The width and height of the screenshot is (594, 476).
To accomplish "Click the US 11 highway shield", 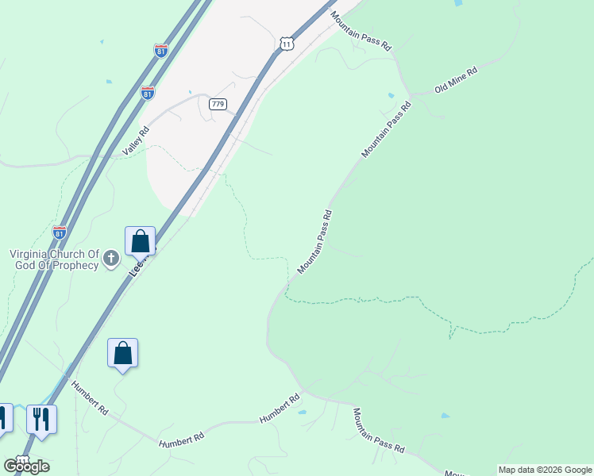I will [x=287, y=44].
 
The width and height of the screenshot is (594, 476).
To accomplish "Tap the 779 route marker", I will [x=218, y=104].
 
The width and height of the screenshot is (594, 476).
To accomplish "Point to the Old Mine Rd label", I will [x=456, y=81].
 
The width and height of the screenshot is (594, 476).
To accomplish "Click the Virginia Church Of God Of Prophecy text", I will [x=54, y=259].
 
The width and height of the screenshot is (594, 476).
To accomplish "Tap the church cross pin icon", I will [x=111, y=257].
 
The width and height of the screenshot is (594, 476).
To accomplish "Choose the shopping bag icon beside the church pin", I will [x=140, y=240].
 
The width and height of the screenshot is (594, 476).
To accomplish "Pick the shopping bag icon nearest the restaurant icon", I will [x=123, y=353].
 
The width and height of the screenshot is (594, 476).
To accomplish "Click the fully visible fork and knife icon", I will [x=41, y=419].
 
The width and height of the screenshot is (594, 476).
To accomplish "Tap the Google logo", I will [x=26, y=466].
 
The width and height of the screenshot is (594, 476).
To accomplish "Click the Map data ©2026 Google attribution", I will [x=545, y=470].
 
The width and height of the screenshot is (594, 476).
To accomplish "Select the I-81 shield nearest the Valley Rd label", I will [x=148, y=93].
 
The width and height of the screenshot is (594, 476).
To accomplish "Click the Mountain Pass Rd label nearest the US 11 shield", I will [x=362, y=33].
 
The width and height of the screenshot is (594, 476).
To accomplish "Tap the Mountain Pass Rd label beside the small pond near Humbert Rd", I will [x=379, y=431].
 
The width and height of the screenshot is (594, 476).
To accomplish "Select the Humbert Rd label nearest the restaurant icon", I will [x=90, y=398].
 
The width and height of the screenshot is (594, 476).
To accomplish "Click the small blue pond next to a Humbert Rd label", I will [x=302, y=413].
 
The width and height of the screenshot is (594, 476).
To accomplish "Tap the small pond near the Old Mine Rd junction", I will [x=391, y=96].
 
